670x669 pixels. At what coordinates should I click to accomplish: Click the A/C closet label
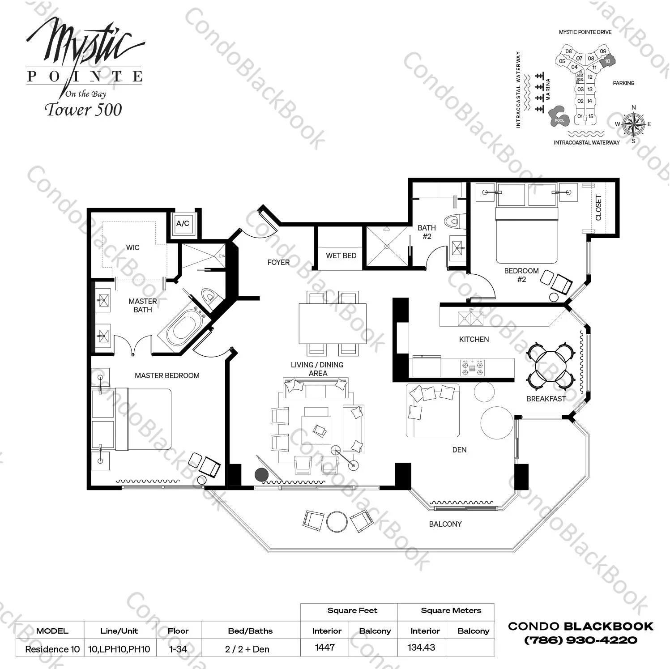183,223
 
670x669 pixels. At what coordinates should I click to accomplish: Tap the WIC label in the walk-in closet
132,247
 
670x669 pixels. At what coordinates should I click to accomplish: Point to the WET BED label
341,256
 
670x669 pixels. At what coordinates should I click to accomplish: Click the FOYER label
278,262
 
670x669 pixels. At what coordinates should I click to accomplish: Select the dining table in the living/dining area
333,324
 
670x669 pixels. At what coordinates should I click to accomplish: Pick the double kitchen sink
470,318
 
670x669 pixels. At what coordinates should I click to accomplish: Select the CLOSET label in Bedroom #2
598,207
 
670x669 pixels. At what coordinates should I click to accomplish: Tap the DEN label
459,450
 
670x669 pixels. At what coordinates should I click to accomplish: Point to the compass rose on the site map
633,124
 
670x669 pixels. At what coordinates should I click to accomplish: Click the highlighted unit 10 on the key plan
607,61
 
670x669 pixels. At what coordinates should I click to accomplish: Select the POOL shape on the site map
559,117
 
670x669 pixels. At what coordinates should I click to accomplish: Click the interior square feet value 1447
325,648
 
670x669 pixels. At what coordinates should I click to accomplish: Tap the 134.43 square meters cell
422,648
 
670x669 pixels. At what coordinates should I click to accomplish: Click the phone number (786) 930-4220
580,640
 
